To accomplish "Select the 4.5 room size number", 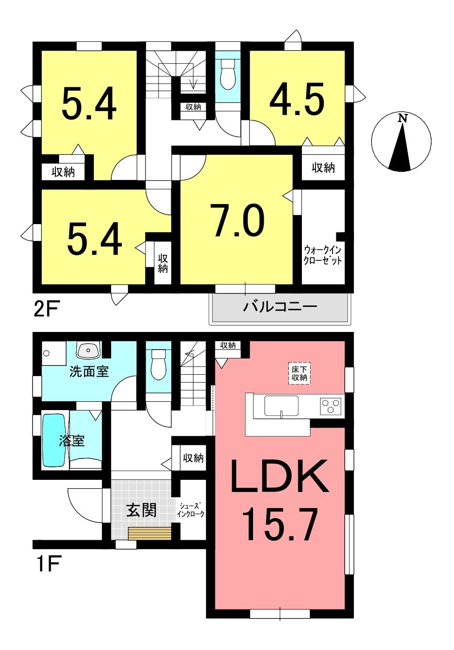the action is click(x=297, y=99).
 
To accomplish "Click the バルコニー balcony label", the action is click(x=280, y=307).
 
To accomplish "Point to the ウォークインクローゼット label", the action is click(x=322, y=255).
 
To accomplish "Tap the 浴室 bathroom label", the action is click(x=72, y=441).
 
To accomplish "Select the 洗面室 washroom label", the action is click(x=89, y=371).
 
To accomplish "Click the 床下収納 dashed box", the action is click(x=299, y=374).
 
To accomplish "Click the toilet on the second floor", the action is click(x=228, y=74).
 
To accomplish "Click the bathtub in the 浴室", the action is click(x=54, y=440).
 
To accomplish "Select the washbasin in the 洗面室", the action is click(x=88, y=350).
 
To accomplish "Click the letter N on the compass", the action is click(x=402, y=118).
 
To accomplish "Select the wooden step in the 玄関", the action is click(x=150, y=534).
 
